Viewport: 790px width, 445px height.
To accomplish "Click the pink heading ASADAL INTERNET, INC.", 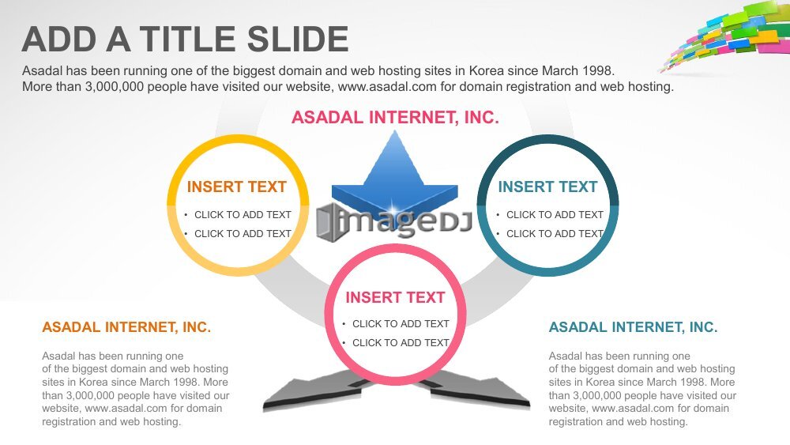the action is (395, 118).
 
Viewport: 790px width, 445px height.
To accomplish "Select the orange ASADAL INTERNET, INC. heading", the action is (126, 327).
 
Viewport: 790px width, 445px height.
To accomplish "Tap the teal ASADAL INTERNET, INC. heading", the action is (633, 327).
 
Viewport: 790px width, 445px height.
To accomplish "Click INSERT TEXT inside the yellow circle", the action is (236, 187).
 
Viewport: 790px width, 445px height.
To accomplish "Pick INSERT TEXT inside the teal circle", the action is (547, 187).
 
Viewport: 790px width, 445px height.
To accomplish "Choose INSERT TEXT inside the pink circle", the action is (395, 297).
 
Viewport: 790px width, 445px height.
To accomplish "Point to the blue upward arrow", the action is (394, 174).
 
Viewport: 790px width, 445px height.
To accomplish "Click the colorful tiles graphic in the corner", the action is (728, 36).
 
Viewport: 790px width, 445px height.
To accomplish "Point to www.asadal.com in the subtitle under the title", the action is (387, 87).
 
